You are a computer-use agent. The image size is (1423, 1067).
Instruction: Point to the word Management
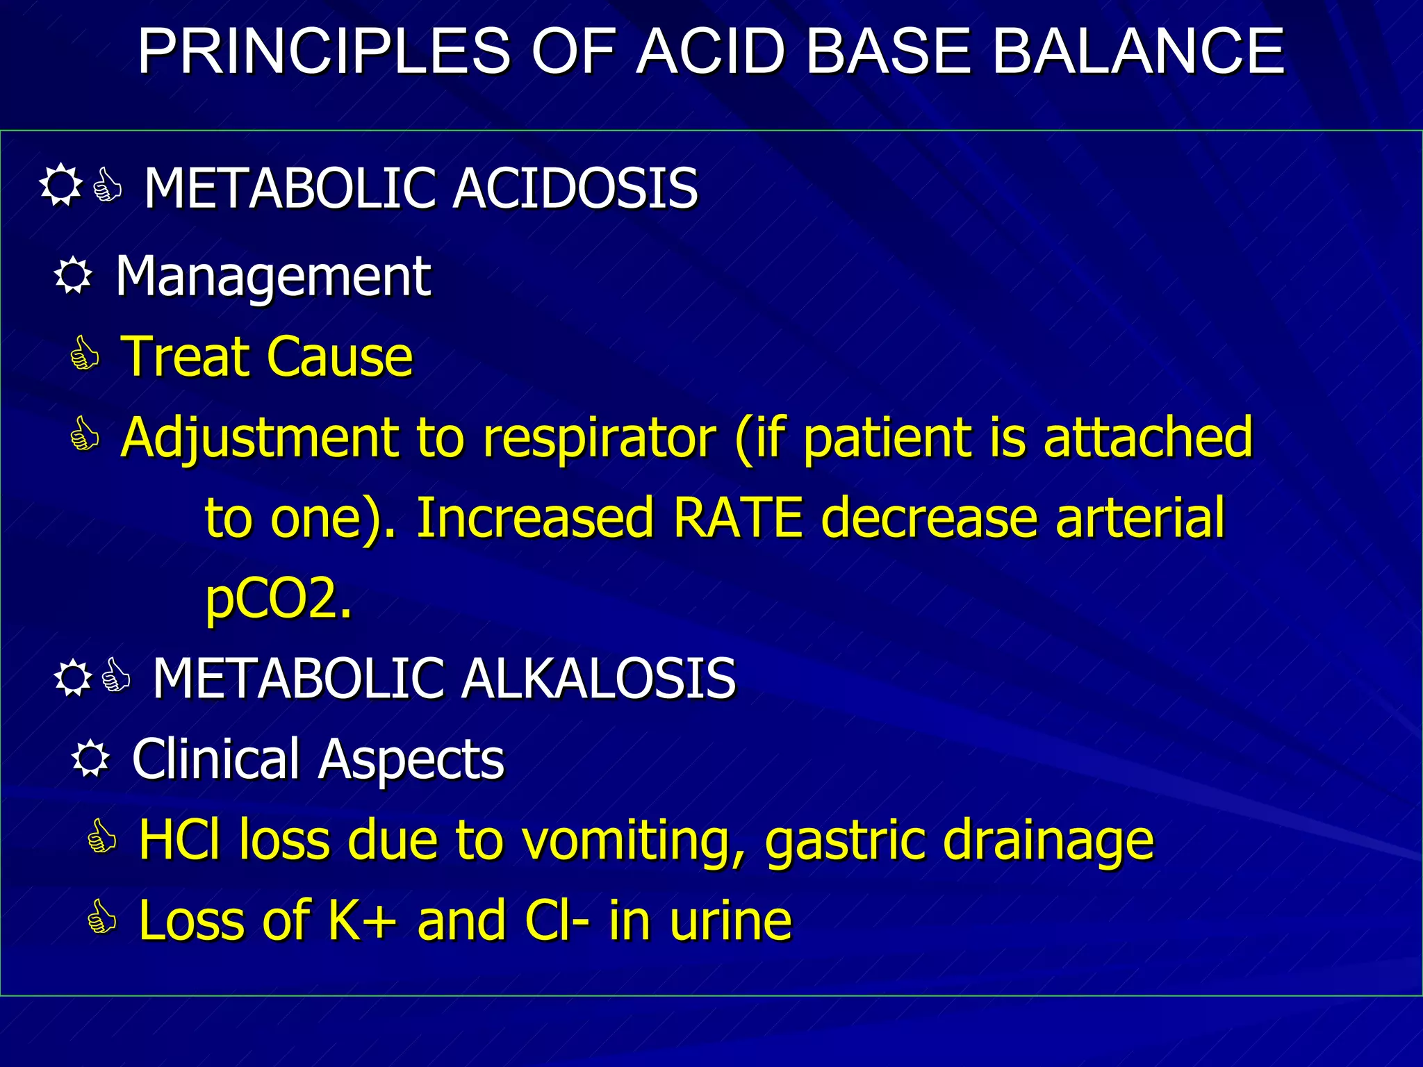click(x=273, y=277)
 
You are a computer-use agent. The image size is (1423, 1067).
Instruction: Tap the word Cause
click(x=340, y=357)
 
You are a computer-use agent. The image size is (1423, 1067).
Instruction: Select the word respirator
click(x=599, y=438)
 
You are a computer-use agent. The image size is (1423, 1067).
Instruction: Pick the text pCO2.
click(x=278, y=599)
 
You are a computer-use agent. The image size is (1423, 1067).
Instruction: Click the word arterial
click(x=1140, y=518)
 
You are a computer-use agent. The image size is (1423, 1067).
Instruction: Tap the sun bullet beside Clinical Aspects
click(x=90, y=759)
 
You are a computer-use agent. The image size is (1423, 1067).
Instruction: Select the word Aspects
click(x=411, y=760)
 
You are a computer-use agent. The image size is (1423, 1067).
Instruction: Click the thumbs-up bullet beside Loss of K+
click(x=102, y=918)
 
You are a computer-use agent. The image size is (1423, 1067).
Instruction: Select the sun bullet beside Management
click(x=73, y=276)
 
